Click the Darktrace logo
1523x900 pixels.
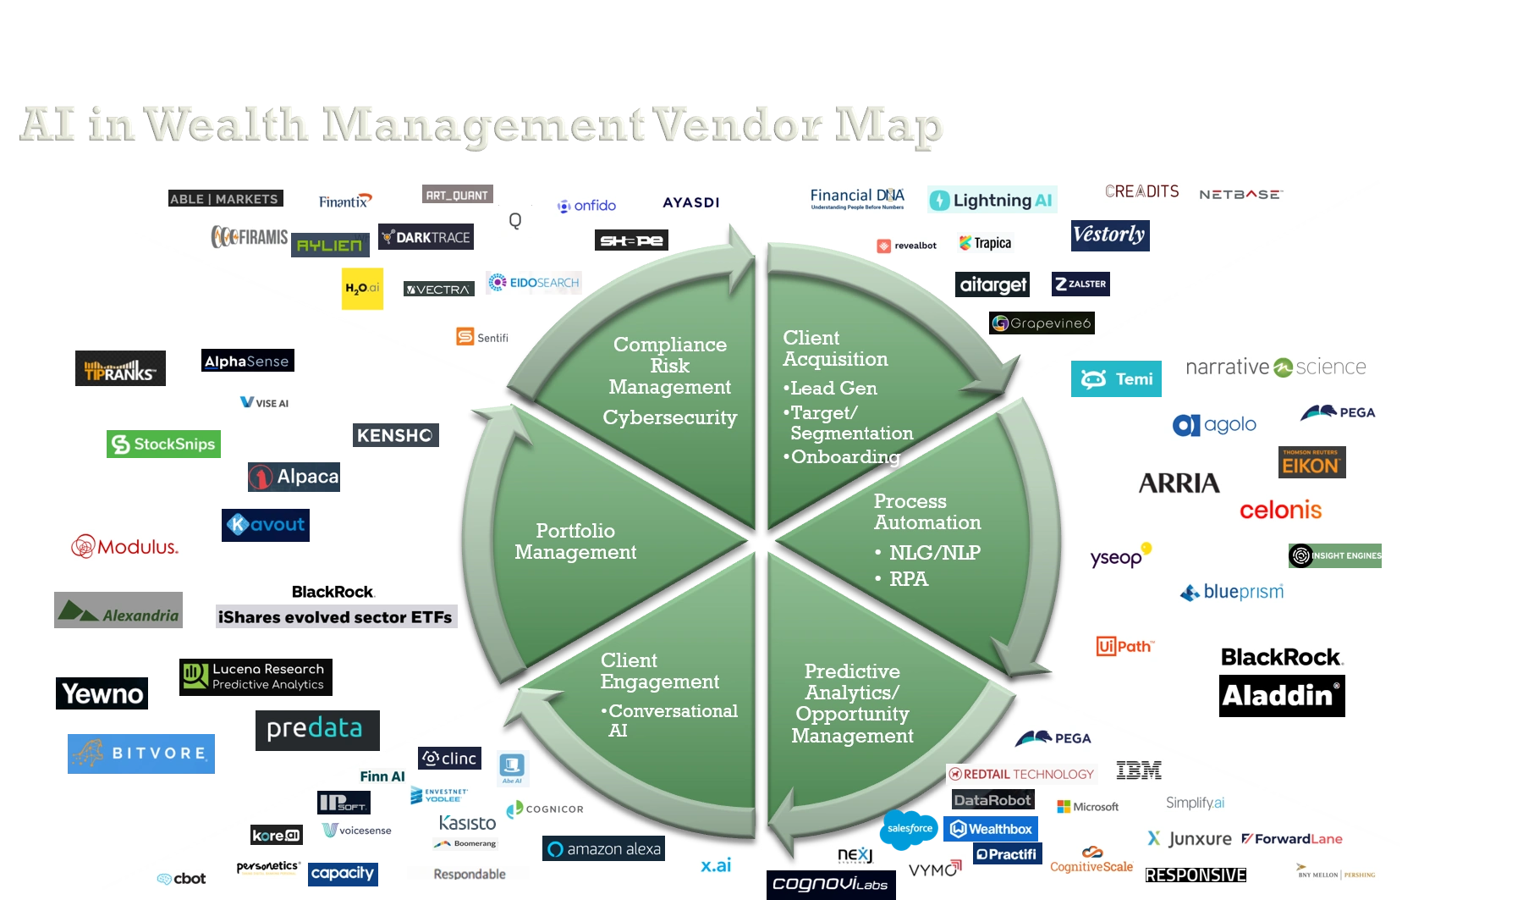[x=426, y=238]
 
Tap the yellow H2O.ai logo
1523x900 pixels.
[x=362, y=288]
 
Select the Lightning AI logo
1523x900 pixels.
[x=994, y=201]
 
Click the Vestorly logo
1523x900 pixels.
[x=1109, y=235]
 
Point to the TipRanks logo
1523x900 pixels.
[x=121, y=367]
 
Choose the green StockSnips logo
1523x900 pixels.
[x=162, y=444]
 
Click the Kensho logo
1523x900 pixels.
[x=395, y=434]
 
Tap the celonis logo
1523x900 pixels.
[x=1279, y=510]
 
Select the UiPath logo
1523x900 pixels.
[x=1127, y=645]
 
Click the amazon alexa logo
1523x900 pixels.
[x=605, y=849]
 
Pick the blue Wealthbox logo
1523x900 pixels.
[x=991, y=829]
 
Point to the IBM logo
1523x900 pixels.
[x=1138, y=770]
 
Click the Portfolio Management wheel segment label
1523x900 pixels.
[x=575, y=541]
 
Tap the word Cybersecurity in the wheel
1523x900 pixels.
[x=669, y=417]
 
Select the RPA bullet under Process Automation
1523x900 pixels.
[x=908, y=579]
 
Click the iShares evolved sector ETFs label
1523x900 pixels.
[x=335, y=617]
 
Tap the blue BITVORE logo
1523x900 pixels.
[x=142, y=754]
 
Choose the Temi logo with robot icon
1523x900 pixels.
[x=1117, y=379]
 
